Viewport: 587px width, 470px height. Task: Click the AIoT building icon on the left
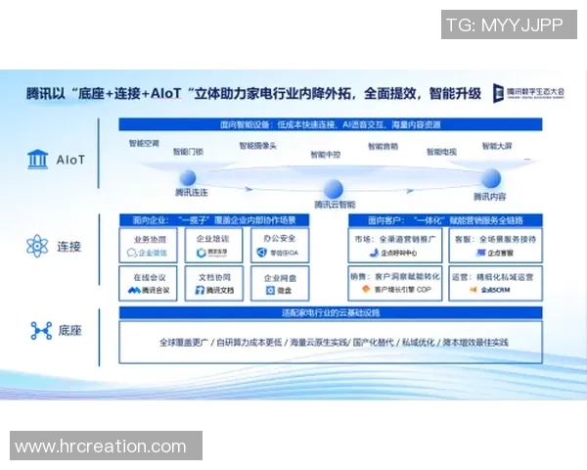pyautogui.click(x=40, y=159)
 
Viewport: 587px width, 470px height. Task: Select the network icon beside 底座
pyautogui.click(x=40, y=331)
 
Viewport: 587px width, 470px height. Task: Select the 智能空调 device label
pyautogui.click(x=145, y=143)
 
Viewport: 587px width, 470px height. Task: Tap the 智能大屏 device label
pyautogui.click(x=497, y=146)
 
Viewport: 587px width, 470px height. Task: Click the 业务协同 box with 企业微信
pyautogui.click(x=148, y=245)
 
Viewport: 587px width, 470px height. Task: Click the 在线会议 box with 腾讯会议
pyautogui.click(x=148, y=284)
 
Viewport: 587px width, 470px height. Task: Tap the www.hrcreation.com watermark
pyautogui.click(x=101, y=446)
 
